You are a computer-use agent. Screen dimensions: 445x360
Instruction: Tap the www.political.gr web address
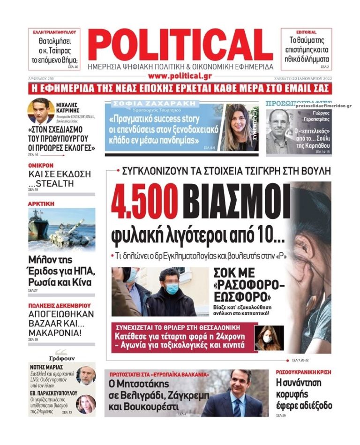coord(180,75)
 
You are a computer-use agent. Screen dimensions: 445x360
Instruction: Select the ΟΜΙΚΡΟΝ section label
coord(40,166)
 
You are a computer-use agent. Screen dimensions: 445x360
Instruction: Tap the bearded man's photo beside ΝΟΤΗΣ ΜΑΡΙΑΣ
coord(86,375)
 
